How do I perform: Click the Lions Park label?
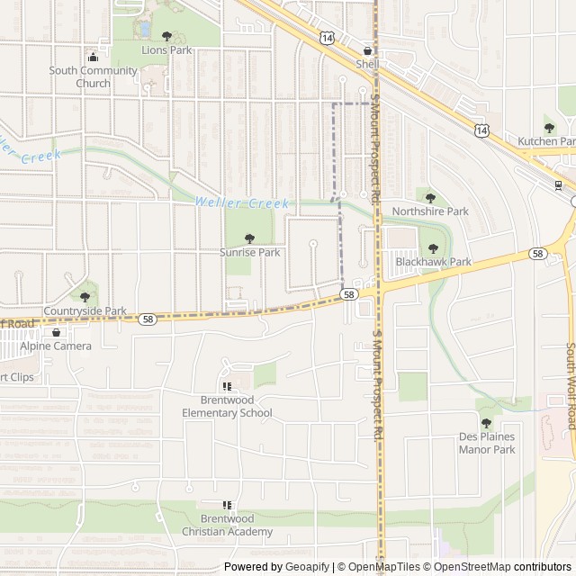click(x=166, y=50)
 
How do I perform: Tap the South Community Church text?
click(x=93, y=77)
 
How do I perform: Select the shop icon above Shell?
click(x=367, y=51)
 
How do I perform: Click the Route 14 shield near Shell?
click(x=325, y=34)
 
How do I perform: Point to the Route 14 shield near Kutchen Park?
click(x=482, y=131)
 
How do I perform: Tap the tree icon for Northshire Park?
click(x=430, y=198)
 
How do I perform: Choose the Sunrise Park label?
click(x=250, y=253)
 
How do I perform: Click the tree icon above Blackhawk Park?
click(x=434, y=248)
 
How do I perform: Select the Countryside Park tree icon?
click(x=85, y=297)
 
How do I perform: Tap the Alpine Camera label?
click(x=56, y=346)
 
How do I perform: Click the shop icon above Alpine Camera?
click(x=56, y=332)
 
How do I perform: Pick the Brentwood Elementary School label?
click(x=227, y=407)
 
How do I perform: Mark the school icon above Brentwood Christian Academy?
click(x=227, y=505)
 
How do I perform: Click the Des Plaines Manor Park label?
click(x=485, y=443)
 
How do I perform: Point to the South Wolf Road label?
click(x=570, y=387)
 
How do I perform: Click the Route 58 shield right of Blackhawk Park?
click(x=537, y=255)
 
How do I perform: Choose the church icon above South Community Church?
click(x=92, y=57)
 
